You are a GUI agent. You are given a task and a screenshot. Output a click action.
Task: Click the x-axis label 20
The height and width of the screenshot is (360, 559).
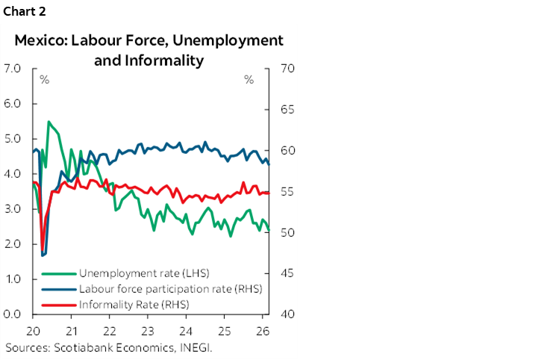33,331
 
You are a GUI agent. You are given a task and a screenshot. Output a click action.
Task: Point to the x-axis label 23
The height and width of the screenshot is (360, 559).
147,331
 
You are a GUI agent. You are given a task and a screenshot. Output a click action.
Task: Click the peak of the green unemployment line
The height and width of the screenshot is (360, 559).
49,122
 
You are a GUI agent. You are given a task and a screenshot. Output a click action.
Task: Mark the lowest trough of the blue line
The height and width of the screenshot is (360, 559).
43,255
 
